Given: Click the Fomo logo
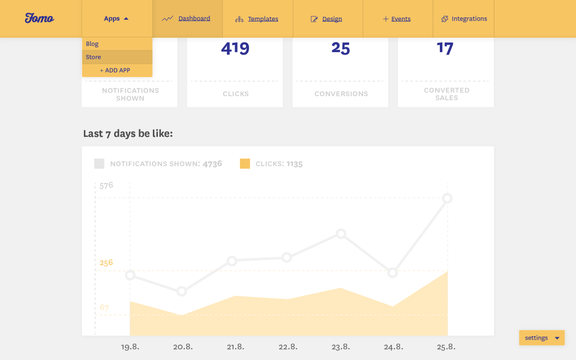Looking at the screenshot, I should click(40, 19).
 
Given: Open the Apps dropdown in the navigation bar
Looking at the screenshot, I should click(116, 19).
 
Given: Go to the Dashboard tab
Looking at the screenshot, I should click(187, 19).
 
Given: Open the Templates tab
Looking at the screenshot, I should click(257, 19).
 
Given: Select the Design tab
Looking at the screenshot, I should click(327, 19).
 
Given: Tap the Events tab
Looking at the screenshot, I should click(397, 19).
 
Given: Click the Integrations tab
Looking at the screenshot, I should click(464, 19).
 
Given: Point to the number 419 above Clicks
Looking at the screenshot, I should click(235, 49).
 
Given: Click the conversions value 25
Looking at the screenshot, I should click(340, 49).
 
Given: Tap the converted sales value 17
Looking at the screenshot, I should click(445, 48).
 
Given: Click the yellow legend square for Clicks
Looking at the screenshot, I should click(245, 163).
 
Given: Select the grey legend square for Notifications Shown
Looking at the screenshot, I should click(99, 163).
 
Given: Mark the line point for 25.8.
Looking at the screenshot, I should click(447, 199).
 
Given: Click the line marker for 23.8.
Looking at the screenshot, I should click(341, 233).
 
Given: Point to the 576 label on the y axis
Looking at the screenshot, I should click(106, 185).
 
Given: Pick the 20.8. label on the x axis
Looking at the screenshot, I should click(182, 347).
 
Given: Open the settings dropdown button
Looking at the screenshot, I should click(542, 338).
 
